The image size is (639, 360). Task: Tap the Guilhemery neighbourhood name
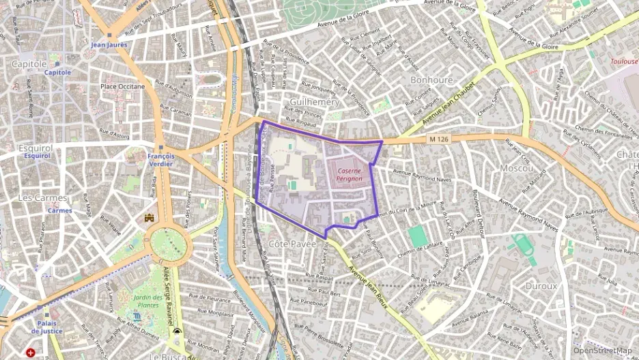[315, 101]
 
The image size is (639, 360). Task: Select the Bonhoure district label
[431, 80]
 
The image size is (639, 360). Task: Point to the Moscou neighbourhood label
[516, 167]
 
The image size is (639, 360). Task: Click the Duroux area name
[541, 286]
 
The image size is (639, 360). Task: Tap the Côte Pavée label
[293, 243]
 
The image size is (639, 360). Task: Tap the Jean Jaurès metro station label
[109, 44]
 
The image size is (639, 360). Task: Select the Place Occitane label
[122, 87]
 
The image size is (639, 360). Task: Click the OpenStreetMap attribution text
[602, 350]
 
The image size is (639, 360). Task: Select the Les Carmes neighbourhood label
[43, 198]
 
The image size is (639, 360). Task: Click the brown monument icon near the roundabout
[150, 218]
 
